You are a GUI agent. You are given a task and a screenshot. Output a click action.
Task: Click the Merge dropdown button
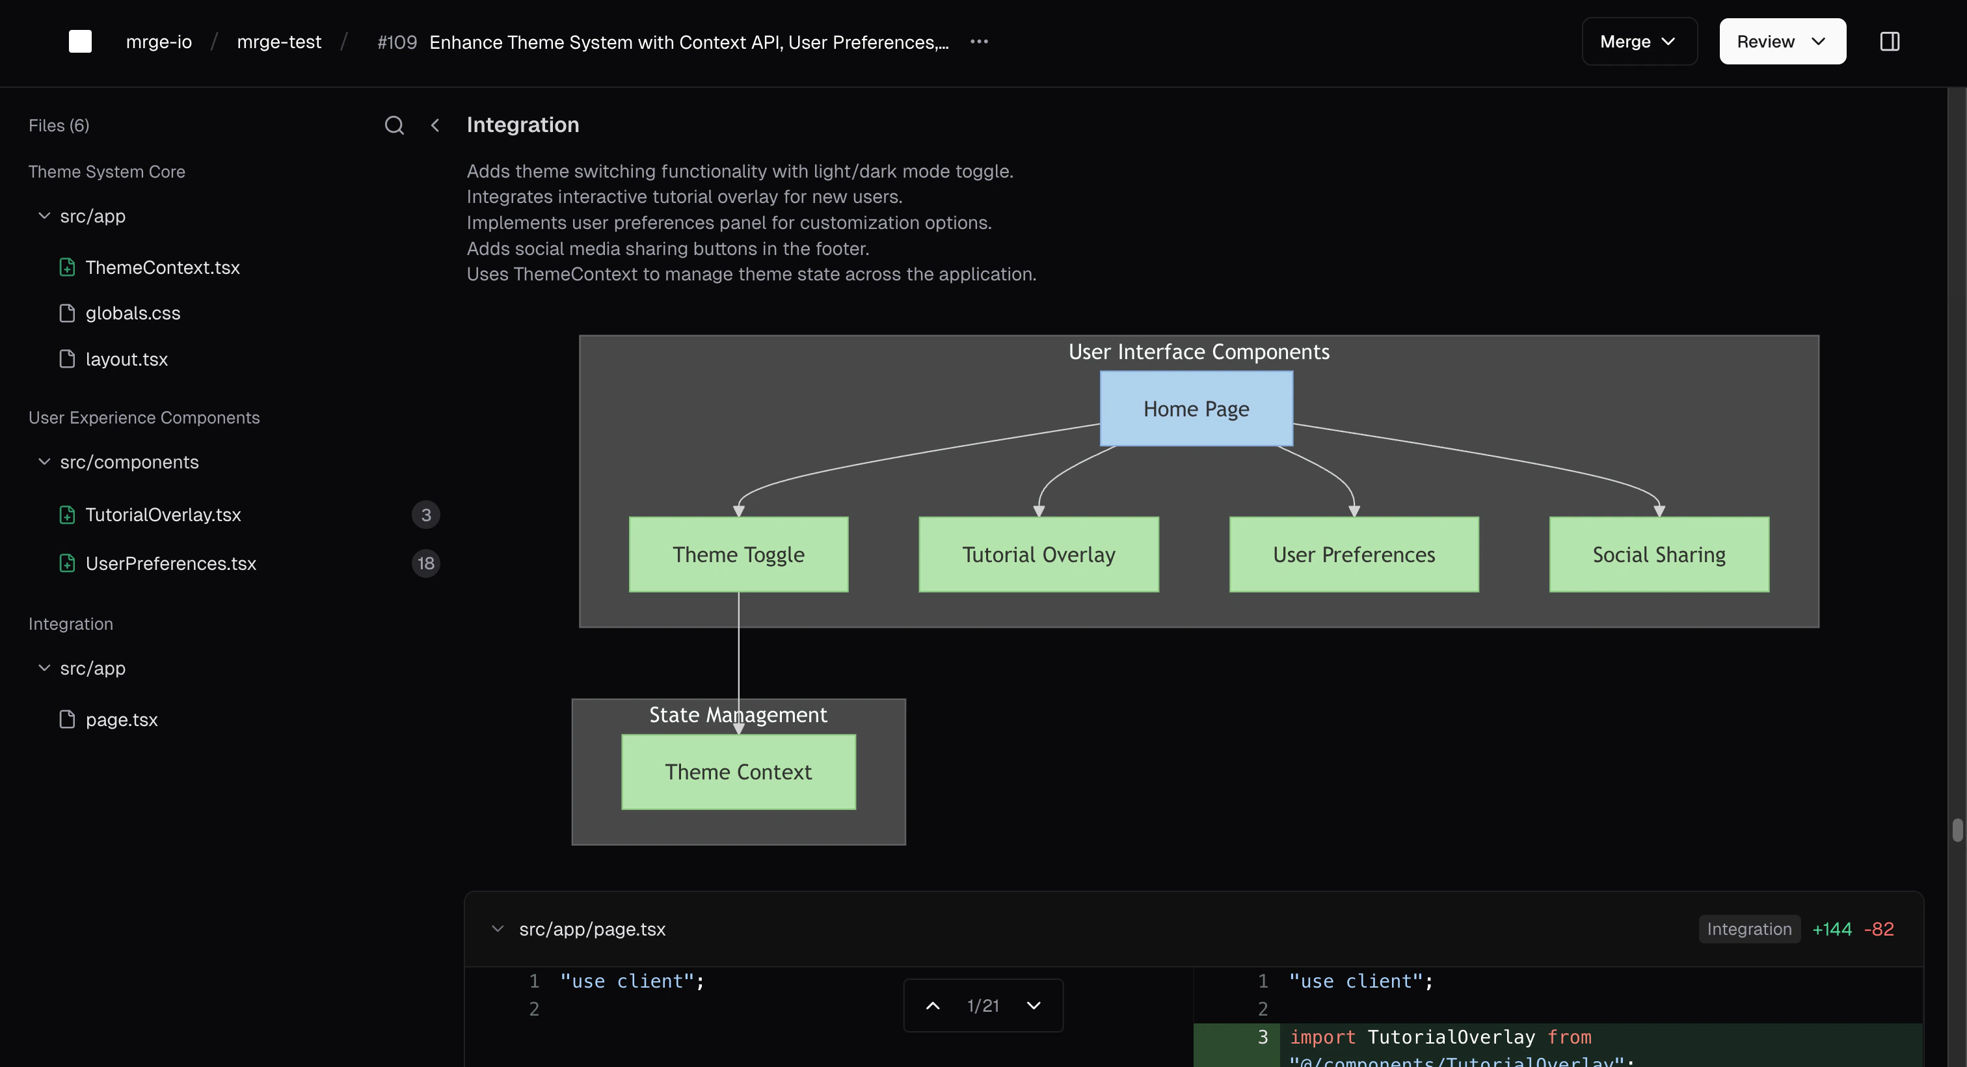click(x=1639, y=41)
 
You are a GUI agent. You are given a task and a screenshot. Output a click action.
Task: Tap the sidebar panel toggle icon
click(x=1889, y=41)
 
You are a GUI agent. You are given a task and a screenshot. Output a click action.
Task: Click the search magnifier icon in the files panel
click(x=394, y=126)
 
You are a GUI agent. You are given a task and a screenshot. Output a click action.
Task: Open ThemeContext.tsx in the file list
click(x=162, y=267)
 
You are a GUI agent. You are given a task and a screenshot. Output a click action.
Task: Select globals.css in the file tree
click(x=132, y=313)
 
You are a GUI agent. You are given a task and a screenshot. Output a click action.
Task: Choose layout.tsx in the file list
click(x=126, y=359)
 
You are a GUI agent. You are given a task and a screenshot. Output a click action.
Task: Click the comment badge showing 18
click(x=425, y=563)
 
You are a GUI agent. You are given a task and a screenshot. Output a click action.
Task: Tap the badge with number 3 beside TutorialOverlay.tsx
click(x=425, y=515)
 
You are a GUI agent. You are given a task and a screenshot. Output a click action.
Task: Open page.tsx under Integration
click(x=122, y=720)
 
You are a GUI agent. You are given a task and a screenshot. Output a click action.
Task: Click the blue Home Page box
click(x=1196, y=409)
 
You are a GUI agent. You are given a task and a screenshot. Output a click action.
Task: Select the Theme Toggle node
click(x=738, y=554)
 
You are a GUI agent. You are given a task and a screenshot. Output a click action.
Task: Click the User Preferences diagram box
click(x=1353, y=554)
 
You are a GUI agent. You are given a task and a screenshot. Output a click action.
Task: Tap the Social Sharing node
click(x=1658, y=554)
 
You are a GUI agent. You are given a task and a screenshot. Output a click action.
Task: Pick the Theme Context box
click(x=738, y=772)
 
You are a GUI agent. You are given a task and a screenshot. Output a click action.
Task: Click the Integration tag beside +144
click(x=1748, y=929)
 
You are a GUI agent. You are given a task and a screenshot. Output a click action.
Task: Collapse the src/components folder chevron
click(x=44, y=462)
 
